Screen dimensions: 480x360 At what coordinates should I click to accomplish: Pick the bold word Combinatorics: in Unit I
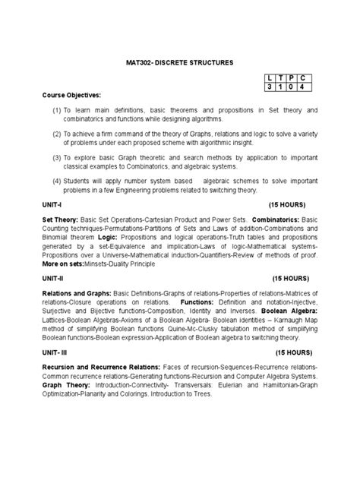click(x=273, y=219)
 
